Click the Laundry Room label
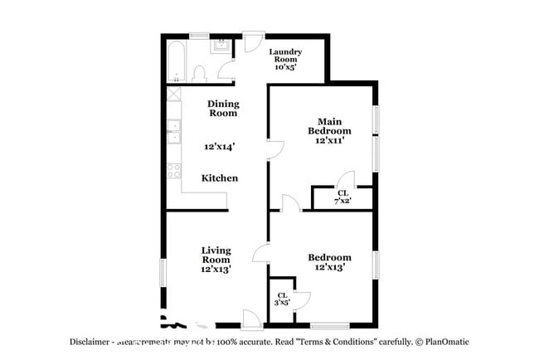tap(285, 56)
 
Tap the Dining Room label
tap(223, 108)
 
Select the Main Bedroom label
tap(329, 125)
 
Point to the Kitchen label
tap(221, 178)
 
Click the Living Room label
tap(215, 254)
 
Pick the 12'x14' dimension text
tap(220, 147)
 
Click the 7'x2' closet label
tap(342, 197)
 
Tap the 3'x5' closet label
tap(282, 299)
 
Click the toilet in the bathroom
tap(199, 75)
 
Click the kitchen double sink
tap(175, 131)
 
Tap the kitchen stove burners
tap(174, 171)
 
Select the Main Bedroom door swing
tap(274, 149)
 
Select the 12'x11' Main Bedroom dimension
tap(330, 140)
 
